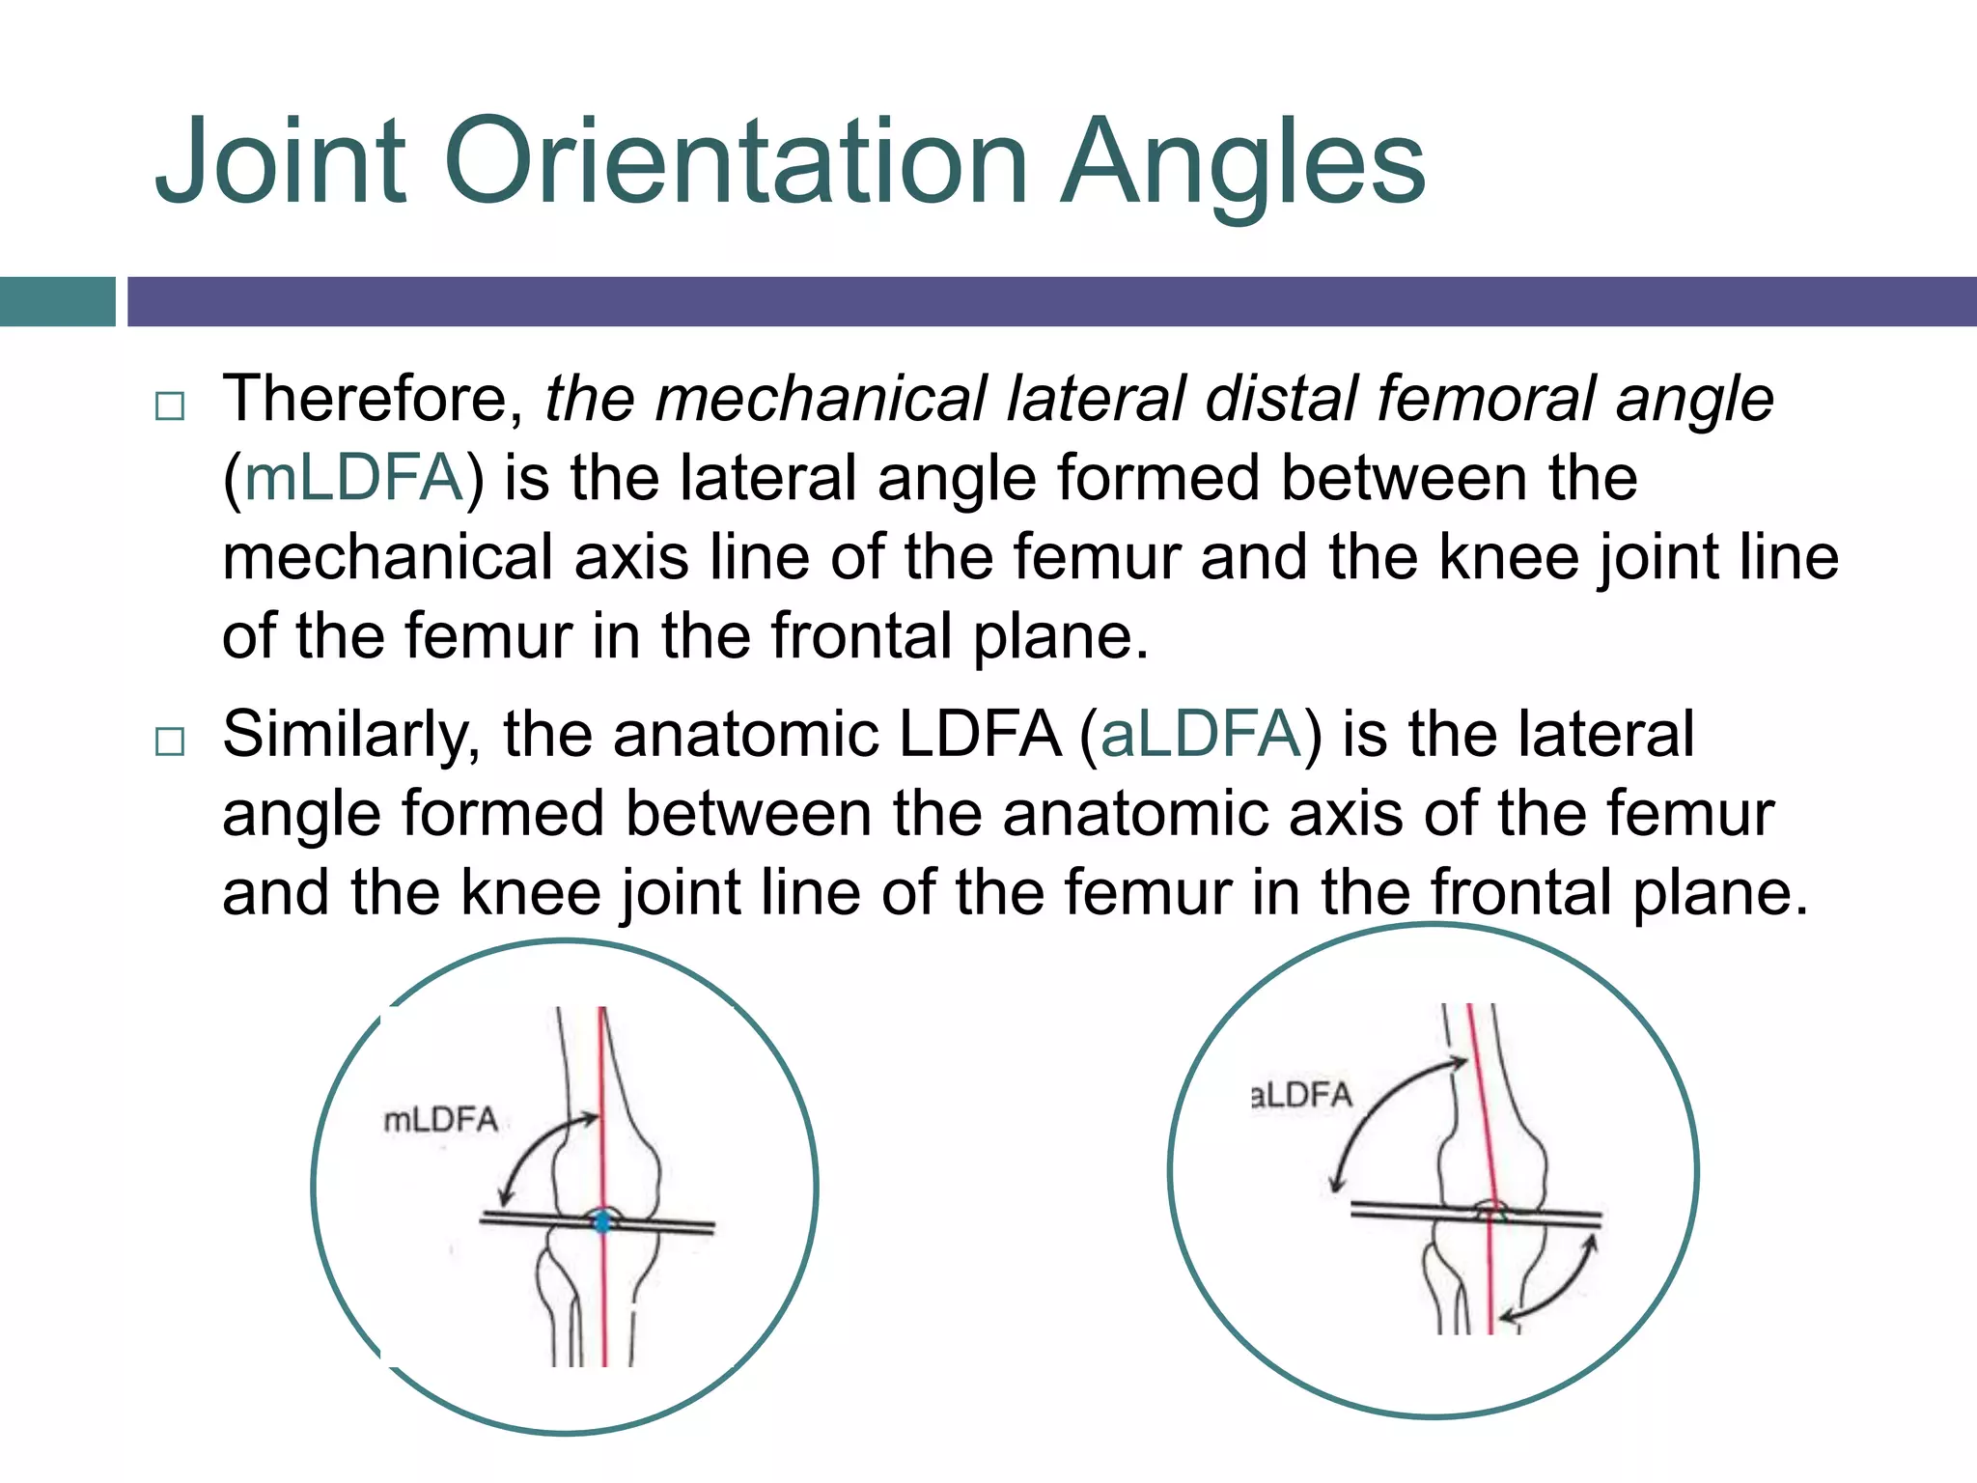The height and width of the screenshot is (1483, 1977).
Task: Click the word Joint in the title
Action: coord(281,161)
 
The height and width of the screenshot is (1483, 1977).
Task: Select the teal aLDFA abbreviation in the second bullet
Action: coord(1201,734)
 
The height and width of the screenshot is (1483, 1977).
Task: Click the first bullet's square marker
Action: coord(170,406)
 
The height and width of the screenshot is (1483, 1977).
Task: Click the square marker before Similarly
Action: coord(170,741)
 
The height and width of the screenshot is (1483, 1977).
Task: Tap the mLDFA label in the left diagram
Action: coord(441,1120)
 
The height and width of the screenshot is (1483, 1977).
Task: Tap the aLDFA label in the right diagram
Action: coord(1301,1096)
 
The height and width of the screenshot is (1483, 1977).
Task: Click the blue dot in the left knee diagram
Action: coord(602,1222)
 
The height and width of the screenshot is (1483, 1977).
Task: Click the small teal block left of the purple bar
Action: coord(57,301)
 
